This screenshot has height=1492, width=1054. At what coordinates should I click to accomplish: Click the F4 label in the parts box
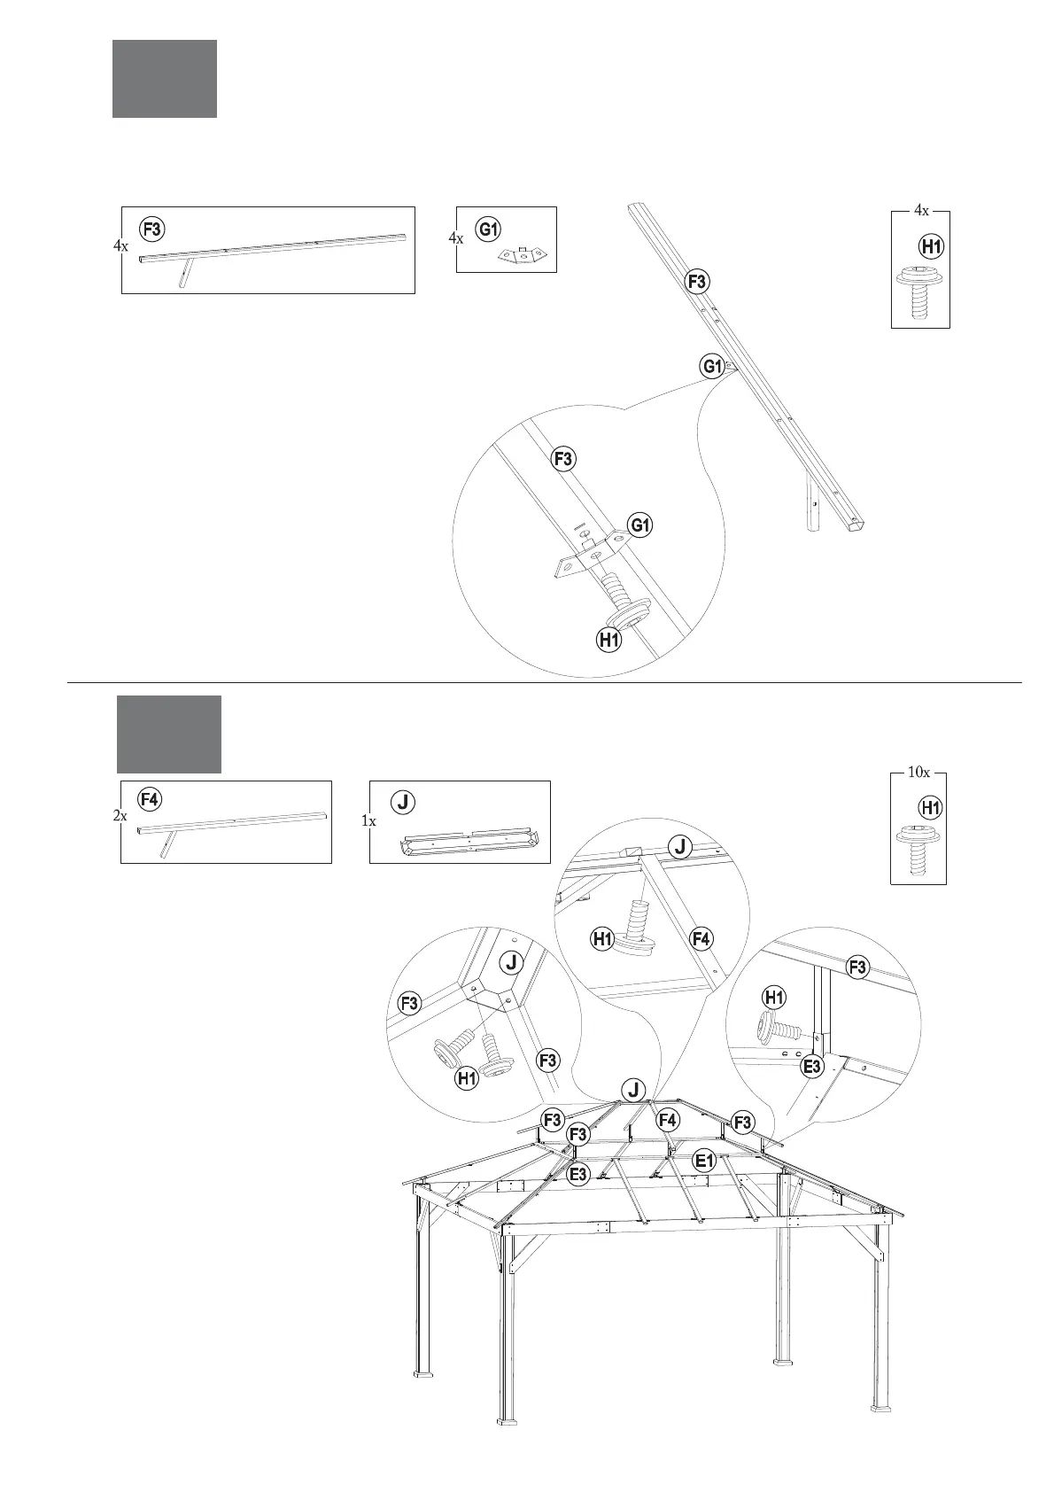point(150,798)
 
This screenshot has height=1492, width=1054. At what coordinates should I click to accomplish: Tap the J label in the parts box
point(403,802)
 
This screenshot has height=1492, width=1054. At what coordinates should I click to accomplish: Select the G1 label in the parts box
point(488,229)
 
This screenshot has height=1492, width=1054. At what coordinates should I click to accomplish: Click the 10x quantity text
point(918,772)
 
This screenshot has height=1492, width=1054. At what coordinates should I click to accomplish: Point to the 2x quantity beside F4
point(120,816)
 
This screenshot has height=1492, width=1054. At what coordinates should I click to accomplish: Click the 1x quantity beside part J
point(368,821)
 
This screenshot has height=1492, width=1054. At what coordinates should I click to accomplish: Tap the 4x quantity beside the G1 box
point(456,238)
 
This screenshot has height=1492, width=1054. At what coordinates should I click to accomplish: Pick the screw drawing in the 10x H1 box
point(918,849)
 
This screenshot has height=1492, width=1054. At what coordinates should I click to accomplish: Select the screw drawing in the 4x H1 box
point(919,290)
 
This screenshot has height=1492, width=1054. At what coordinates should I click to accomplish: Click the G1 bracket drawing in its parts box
point(523,255)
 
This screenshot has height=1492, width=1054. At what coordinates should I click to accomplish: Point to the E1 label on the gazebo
point(704,1160)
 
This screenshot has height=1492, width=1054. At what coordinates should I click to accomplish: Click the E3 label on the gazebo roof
point(577,1175)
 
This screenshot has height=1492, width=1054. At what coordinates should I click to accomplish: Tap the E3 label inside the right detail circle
point(812,1066)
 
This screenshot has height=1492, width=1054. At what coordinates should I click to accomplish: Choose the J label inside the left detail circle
point(511,961)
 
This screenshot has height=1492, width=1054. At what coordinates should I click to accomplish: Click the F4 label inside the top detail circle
point(701,938)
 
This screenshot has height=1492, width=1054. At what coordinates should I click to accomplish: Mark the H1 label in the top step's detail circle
point(608,639)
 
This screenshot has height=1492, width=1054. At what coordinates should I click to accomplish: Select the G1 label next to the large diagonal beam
point(712,365)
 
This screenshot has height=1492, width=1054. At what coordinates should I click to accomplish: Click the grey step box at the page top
point(164,79)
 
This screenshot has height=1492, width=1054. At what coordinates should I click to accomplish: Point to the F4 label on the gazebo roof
point(668,1120)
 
